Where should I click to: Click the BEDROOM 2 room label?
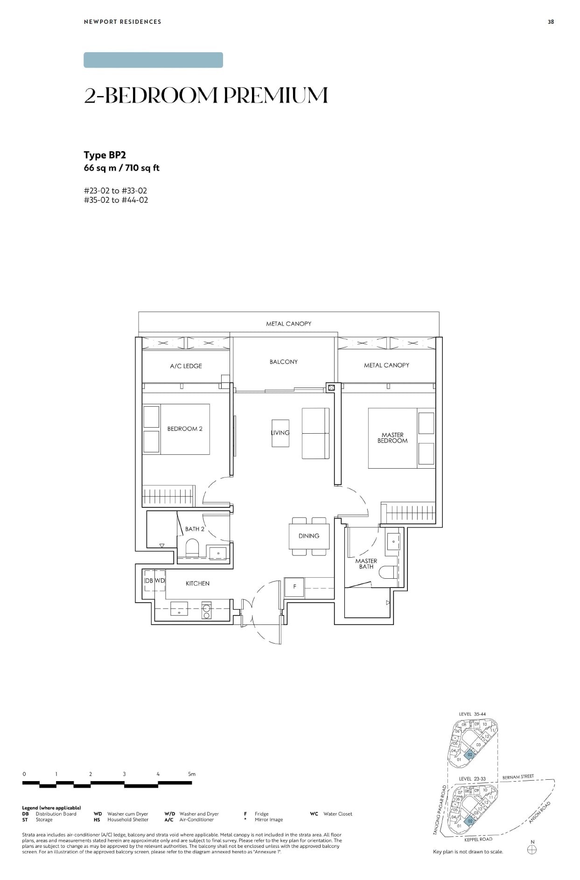point(185,429)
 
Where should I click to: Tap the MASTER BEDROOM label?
point(392,437)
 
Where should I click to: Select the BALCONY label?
point(283,361)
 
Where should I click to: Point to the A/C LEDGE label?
point(186,366)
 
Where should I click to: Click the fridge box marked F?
point(294,587)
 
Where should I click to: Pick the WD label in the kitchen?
point(160,581)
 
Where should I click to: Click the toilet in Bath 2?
point(192,547)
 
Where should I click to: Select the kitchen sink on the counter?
point(179,609)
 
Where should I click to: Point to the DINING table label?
point(309,536)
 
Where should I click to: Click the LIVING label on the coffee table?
point(280,433)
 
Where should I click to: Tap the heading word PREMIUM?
point(275,95)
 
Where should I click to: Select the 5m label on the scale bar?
point(191,774)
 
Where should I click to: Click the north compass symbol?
point(532,850)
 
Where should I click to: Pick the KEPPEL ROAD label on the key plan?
point(478,839)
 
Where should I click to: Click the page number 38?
point(551,22)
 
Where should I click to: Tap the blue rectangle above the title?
point(153,60)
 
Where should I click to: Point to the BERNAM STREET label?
point(517,777)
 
